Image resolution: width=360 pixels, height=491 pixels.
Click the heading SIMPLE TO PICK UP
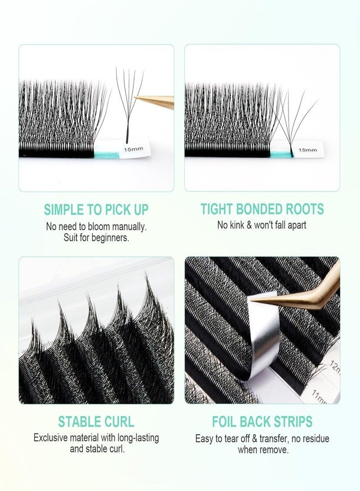96,209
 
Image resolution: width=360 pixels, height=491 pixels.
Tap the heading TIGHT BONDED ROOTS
262,209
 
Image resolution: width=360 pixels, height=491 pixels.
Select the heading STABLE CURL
96,422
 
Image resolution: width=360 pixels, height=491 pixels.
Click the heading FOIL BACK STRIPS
262,422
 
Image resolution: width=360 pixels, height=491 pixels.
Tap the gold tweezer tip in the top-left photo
140,99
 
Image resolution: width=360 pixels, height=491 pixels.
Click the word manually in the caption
129,225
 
